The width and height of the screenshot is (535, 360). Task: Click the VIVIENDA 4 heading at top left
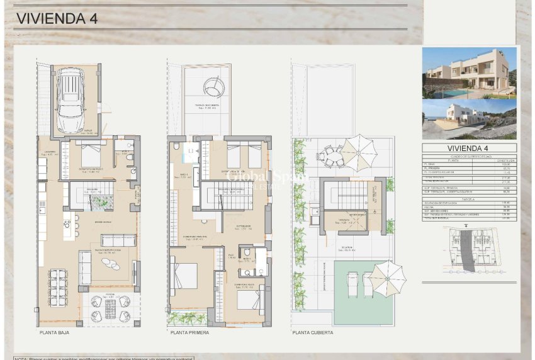56,18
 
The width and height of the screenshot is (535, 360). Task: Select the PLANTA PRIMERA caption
189,332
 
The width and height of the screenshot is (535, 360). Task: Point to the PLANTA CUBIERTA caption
313,332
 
